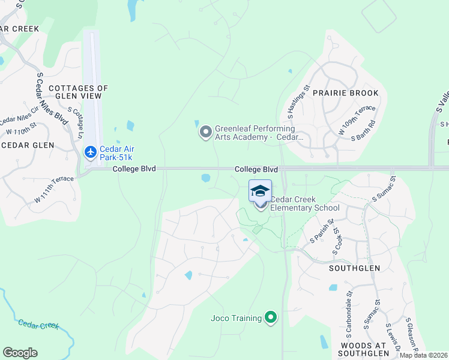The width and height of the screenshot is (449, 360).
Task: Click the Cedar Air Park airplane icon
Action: pos(91,152)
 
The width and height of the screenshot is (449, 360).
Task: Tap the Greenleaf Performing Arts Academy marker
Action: pos(206,131)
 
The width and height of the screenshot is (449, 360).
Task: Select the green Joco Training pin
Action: pos(271,317)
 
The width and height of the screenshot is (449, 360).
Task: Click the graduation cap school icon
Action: pos(260,191)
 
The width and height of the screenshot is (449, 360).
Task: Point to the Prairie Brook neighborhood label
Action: pos(345,93)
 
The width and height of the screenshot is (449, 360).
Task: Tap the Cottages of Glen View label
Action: pos(78,92)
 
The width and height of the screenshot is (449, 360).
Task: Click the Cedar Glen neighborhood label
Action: pos(29,145)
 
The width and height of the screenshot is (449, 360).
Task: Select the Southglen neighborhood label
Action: pos(354,268)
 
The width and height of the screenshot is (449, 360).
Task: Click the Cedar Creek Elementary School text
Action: pos(305,204)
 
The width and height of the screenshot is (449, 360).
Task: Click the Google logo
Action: pos(20,353)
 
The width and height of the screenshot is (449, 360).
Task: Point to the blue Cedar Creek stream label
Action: pos(38,325)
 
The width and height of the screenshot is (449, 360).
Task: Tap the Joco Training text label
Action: pos(237,318)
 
